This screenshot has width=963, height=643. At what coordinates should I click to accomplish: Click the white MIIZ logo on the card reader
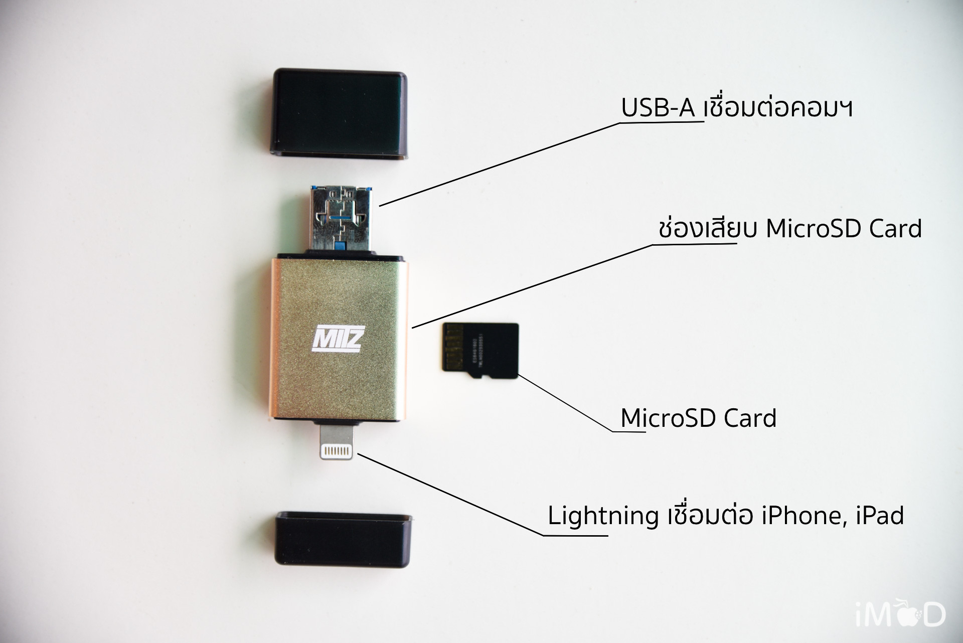coord(337,339)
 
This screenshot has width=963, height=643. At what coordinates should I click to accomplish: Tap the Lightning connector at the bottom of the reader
coord(336,443)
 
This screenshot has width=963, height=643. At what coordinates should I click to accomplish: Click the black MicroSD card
coord(480,351)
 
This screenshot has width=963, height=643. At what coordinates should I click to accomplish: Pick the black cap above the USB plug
coord(340,113)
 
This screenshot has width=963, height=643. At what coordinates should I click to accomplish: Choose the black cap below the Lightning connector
coord(344,539)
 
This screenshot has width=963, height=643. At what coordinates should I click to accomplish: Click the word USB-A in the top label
coord(658,108)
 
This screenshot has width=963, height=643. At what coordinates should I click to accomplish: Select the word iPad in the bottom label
coord(880,516)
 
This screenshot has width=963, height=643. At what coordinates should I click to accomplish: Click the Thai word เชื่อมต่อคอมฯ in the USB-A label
coord(778,108)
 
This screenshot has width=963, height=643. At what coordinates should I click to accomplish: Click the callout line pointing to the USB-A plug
coord(502,163)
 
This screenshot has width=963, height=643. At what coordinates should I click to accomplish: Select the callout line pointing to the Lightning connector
coord(451,495)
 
